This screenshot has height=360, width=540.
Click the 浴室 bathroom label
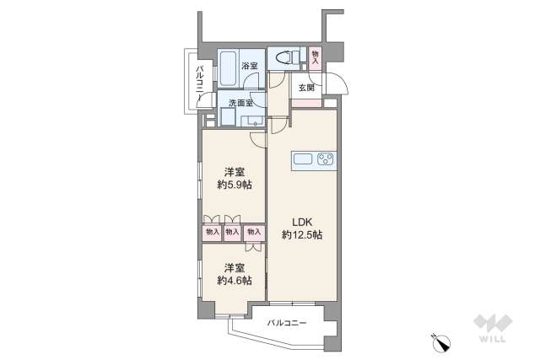[248, 66]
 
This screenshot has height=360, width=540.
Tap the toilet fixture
[288, 58]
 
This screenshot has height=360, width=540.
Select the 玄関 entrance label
[305, 88]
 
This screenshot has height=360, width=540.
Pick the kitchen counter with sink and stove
[314, 159]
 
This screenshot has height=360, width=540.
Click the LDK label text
[303, 223]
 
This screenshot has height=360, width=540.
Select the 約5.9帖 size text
[233, 185]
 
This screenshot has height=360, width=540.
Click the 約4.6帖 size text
[233, 280]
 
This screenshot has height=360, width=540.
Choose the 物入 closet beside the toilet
[316, 56]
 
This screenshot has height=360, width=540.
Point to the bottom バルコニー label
[288, 323]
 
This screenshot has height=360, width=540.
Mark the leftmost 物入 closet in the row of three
[212, 231]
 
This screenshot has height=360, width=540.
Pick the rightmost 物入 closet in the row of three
[253, 231]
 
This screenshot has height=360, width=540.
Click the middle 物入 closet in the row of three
[232, 231]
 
